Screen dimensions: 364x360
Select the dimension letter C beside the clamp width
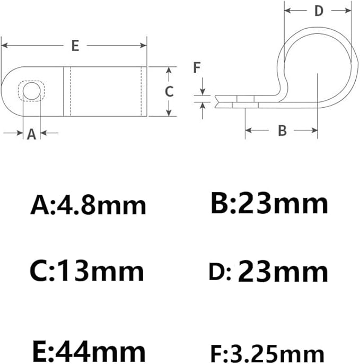169,91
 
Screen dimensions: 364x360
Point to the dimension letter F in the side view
196,67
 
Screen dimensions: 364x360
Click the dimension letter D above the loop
319,10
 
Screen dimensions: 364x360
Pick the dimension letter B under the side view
282,130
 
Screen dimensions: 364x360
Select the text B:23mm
269,204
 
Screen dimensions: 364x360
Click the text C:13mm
86,272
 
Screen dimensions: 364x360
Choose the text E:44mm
87,351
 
